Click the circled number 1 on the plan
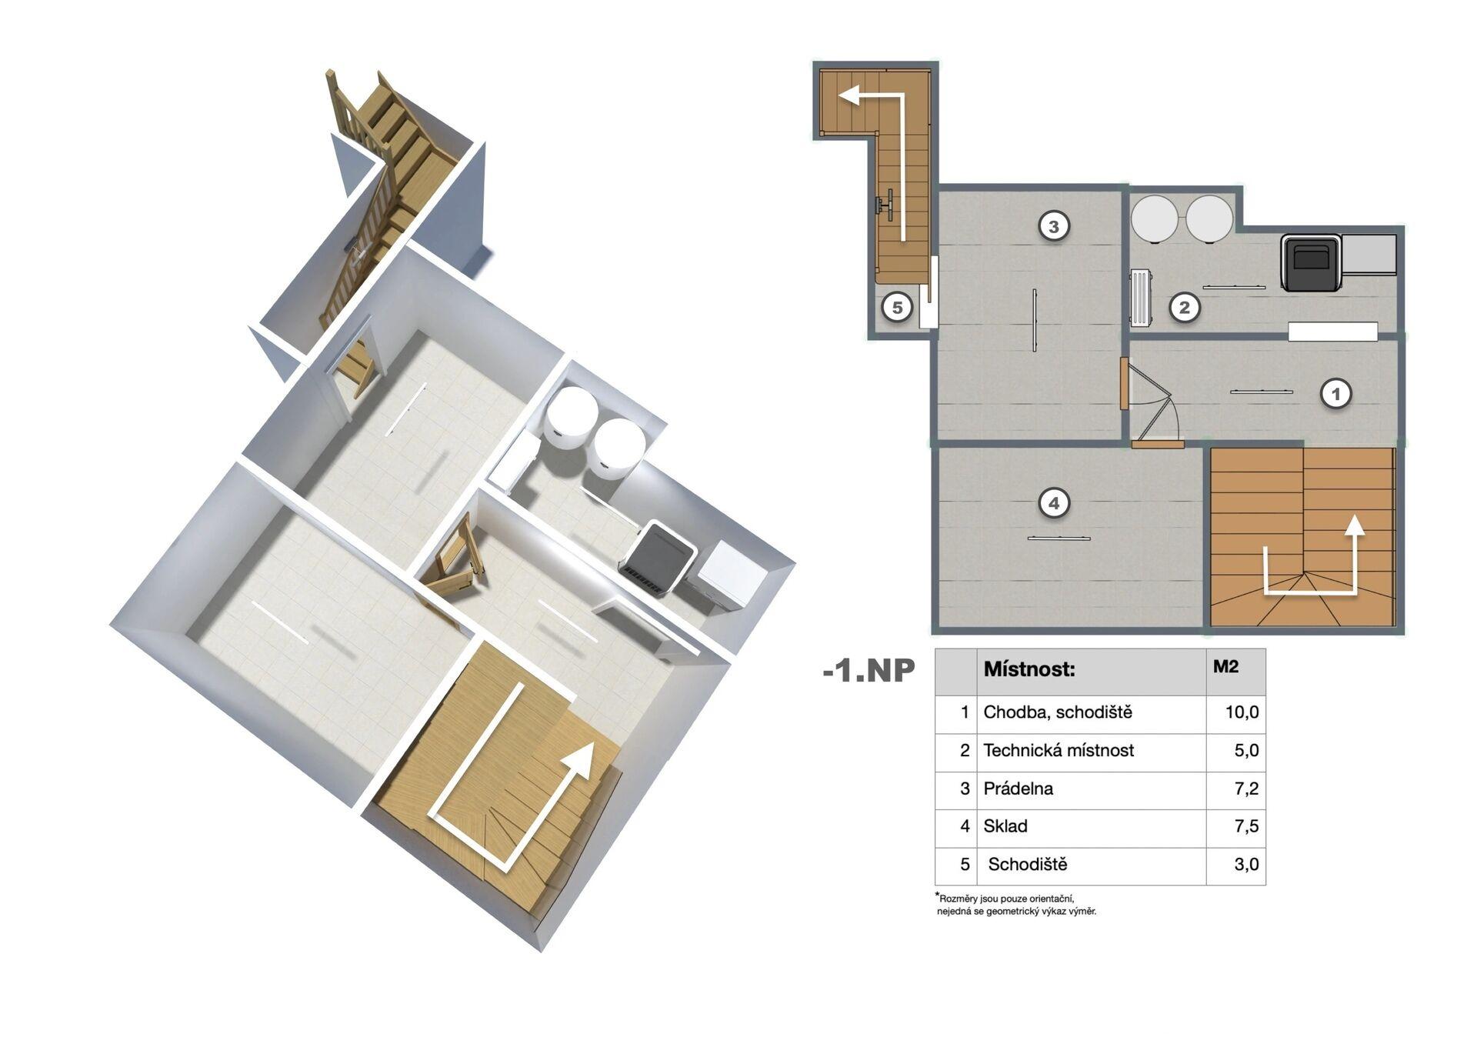tap(1335, 394)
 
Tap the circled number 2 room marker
tap(1184, 308)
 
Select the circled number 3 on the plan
tap(1053, 226)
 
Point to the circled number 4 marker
tap(1053, 503)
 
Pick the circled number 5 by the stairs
tap(896, 308)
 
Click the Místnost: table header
tap(1029, 669)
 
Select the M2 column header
tap(1225, 666)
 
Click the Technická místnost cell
tap(1059, 750)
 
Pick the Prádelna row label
tap(1018, 789)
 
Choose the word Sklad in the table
tap(1005, 826)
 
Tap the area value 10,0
tap(1242, 712)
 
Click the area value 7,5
tap(1246, 826)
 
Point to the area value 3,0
tap(1246, 865)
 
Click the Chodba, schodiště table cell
tap(1058, 712)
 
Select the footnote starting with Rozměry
tap(1015, 905)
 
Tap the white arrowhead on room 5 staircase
tap(849, 95)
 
